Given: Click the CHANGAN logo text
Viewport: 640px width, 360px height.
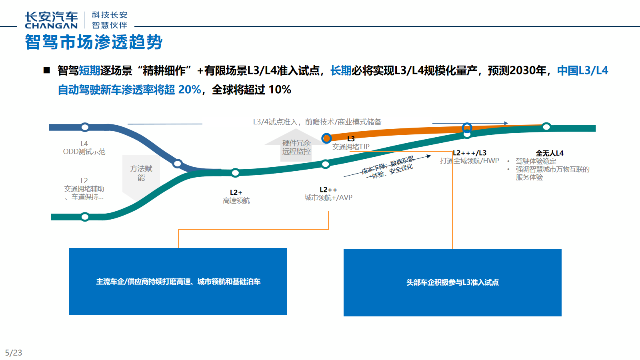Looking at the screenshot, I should tap(51, 26).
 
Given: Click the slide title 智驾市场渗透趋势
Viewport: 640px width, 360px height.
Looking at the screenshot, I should tap(94, 42).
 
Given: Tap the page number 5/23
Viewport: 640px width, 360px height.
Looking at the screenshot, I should tap(14, 353).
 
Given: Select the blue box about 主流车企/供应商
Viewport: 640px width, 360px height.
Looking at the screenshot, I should tap(178, 282).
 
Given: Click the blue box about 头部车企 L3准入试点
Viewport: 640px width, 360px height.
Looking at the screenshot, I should tap(452, 282).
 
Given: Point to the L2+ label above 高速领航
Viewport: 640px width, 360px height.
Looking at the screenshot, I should tap(236, 192).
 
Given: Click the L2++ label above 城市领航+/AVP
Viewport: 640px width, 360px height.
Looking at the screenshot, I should tap(328, 190).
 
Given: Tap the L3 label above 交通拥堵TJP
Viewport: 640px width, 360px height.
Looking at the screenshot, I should tap(351, 139).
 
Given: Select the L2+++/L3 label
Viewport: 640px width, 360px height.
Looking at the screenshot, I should tap(470, 153).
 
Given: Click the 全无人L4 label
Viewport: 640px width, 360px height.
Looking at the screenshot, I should tap(550, 153).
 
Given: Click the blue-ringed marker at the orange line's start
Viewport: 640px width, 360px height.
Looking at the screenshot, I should tap(326, 138).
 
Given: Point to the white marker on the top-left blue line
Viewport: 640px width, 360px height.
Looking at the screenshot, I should tap(85, 127).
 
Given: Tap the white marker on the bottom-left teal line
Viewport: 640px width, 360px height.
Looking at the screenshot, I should tap(85, 217).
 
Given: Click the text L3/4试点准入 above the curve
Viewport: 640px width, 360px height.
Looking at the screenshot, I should tap(275, 122).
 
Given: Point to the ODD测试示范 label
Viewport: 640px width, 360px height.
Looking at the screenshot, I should tap(84, 152).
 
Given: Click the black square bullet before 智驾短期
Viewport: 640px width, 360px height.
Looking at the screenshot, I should tap(47, 70).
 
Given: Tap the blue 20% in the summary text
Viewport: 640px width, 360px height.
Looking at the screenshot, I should tap(190, 90).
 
